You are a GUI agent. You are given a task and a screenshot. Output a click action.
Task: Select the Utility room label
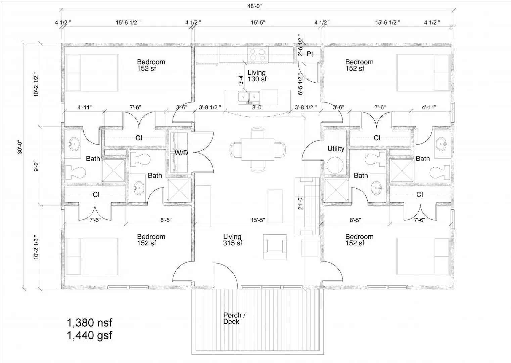click(336, 149)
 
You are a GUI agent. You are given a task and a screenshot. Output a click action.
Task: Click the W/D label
click(181, 153)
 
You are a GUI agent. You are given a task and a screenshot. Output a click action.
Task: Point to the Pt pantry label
click(310, 54)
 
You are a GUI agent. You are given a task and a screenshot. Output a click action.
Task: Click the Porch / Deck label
click(234, 318)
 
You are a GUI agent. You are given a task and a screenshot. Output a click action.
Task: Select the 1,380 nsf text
click(89, 323)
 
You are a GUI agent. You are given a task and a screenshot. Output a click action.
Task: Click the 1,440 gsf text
click(89, 335)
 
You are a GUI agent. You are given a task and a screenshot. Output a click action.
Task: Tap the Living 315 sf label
click(232, 240)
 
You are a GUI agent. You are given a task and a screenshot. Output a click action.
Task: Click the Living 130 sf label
click(257, 76)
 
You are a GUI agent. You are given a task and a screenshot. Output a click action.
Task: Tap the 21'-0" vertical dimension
click(300, 203)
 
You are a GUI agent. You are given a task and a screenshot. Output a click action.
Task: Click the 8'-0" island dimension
click(258, 108)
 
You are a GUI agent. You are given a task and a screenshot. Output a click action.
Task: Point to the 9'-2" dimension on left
click(36, 166)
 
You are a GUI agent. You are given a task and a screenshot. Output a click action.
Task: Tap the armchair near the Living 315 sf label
click(275, 247)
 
